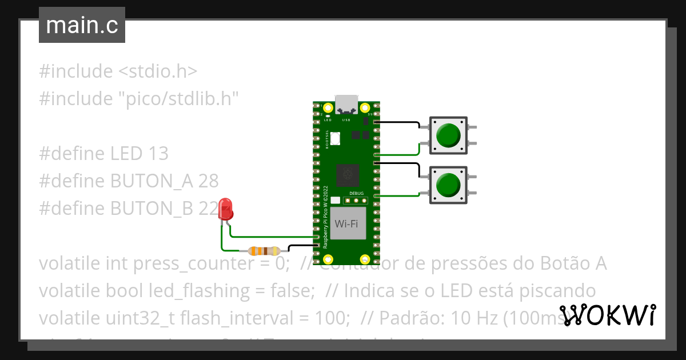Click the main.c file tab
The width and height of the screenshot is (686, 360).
[x=82, y=25]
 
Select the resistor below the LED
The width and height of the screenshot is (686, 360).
[x=262, y=250]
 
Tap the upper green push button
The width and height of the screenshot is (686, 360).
[x=448, y=135]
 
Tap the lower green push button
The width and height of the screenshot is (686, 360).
[x=448, y=185]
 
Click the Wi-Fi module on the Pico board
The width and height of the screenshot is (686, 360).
[x=347, y=223]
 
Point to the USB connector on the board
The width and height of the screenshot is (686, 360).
[x=346, y=105]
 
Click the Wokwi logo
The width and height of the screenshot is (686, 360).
[x=608, y=315]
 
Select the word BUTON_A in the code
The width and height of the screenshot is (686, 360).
[x=152, y=181]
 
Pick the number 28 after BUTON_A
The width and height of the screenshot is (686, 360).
[x=209, y=181]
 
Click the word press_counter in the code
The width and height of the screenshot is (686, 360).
[x=189, y=264]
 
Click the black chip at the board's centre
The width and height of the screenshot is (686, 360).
[x=346, y=175]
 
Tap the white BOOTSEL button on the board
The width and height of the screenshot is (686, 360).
[x=335, y=138]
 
